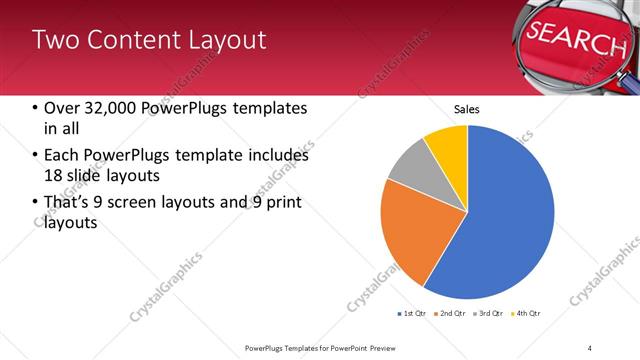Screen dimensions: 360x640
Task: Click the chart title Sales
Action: point(467,108)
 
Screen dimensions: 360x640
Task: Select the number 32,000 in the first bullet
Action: point(110,108)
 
